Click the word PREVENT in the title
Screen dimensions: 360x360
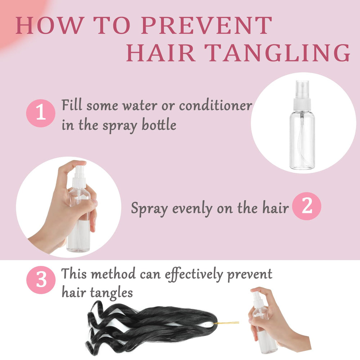click(x=206, y=25)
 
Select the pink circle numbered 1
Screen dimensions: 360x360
click(x=41, y=113)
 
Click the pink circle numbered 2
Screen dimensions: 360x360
click(x=306, y=206)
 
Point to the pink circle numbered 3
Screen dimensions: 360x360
click(x=41, y=280)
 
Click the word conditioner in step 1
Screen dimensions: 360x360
click(x=216, y=106)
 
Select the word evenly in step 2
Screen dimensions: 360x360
click(x=192, y=209)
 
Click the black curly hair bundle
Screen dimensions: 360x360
click(x=152, y=327)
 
